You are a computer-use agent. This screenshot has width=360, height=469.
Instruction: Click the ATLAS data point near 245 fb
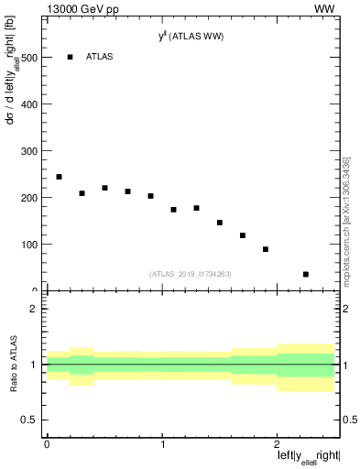[x=59, y=177]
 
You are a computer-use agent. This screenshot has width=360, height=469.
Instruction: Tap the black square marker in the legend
[x=71, y=57]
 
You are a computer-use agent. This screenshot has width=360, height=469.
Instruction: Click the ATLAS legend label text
[x=100, y=57]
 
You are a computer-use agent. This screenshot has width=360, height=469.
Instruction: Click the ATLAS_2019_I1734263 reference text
[x=191, y=273]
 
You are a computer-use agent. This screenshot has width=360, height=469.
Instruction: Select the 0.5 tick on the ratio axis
[x=33, y=420]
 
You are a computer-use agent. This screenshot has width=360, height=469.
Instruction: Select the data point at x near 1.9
[x=266, y=249]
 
